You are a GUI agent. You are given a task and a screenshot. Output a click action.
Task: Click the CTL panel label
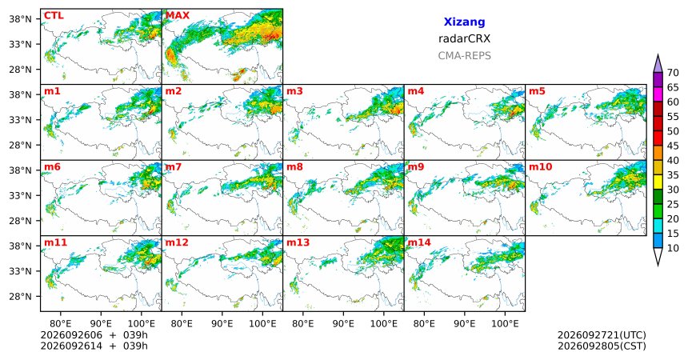coord(54,16)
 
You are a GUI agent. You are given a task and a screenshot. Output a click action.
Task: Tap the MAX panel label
coord(178,16)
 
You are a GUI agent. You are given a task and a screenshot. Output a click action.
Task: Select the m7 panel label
coord(172,167)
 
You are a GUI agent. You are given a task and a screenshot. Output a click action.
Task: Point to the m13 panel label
coord(298,242)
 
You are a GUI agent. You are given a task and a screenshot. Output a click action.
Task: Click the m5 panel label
coord(537,91)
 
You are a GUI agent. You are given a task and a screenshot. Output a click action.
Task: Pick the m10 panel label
coord(540,167)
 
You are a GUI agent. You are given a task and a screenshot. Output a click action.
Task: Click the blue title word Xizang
coord(464,22)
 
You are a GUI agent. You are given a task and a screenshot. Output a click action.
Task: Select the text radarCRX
coord(464,38)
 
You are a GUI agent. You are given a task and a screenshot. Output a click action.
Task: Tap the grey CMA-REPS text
coord(464,56)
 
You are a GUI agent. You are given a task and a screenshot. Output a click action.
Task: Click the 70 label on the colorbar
coord(673,73)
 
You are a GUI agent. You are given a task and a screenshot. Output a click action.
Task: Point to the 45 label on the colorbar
coord(673,146)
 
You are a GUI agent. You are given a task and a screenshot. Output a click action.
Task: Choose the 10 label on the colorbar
coord(673,249)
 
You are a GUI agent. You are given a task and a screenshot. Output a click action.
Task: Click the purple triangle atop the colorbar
coord(658,64)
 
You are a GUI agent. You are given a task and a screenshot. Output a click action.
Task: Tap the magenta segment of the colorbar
coord(658,94)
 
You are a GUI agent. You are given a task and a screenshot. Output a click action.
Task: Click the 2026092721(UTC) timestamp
coord(602,335)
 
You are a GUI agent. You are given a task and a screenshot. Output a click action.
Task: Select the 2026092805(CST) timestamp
coord(602,346)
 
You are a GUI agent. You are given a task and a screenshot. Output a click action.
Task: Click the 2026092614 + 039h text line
coord(94,346)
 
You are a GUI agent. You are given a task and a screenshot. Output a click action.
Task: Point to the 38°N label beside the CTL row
coord(21,19)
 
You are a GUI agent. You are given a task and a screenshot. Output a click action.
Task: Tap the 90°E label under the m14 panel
coord(464,324)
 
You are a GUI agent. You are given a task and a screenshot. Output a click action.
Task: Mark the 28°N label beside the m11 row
coord(21,296)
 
